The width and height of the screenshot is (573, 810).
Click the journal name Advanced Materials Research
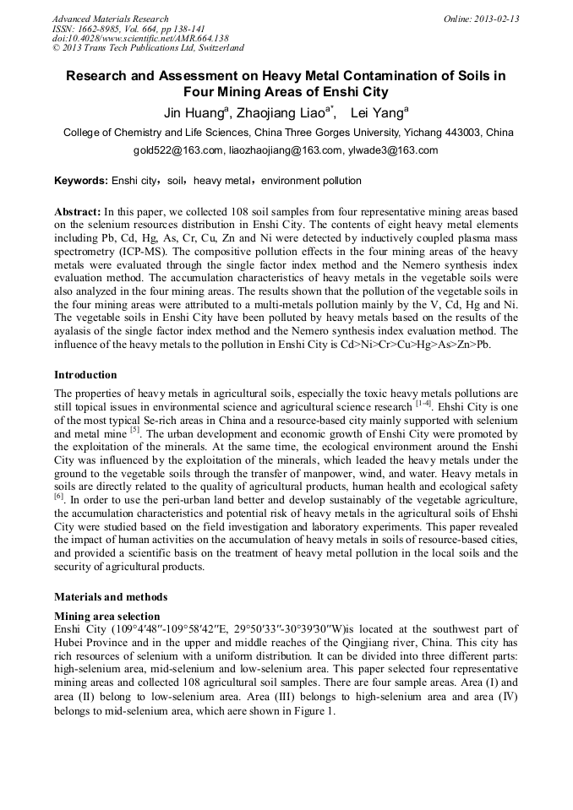pos(110,19)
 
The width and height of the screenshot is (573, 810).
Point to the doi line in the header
pos(140,39)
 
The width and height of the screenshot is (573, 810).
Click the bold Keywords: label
pos(81,181)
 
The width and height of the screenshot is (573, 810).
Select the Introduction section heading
pos(85,374)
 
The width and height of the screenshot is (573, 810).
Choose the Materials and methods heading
pos(111,596)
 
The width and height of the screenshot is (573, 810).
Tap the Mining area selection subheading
pos(106,617)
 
